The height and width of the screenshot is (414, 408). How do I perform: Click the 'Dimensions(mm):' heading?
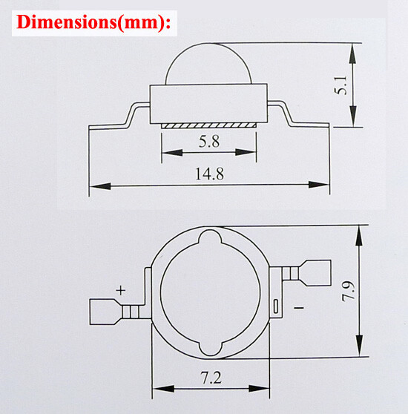(93, 22)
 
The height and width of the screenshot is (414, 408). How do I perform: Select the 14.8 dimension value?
(209, 174)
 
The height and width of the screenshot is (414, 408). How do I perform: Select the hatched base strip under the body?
(209, 126)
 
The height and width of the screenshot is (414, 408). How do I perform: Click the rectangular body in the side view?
(208, 103)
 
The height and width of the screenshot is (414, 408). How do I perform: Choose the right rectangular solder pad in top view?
(314, 272)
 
